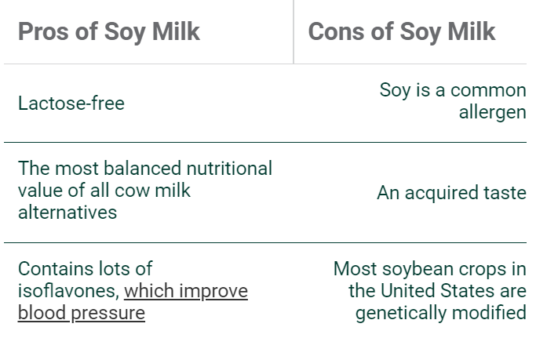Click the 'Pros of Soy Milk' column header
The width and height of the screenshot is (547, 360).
109,31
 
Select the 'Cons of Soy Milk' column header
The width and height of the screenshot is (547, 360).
402,31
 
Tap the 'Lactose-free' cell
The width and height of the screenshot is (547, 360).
71,104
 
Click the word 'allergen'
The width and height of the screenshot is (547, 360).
493,113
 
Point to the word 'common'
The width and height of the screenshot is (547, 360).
488,90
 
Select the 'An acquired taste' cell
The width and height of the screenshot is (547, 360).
451,193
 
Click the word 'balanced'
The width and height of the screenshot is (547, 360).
143,169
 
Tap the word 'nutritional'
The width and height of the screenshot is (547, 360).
229,169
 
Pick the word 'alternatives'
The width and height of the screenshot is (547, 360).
67,213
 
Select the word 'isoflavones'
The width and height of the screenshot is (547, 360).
67,291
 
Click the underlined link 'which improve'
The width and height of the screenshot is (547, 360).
186,291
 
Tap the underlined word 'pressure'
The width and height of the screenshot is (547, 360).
108,313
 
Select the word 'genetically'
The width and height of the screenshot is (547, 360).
400,313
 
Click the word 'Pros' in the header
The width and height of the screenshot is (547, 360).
44,31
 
